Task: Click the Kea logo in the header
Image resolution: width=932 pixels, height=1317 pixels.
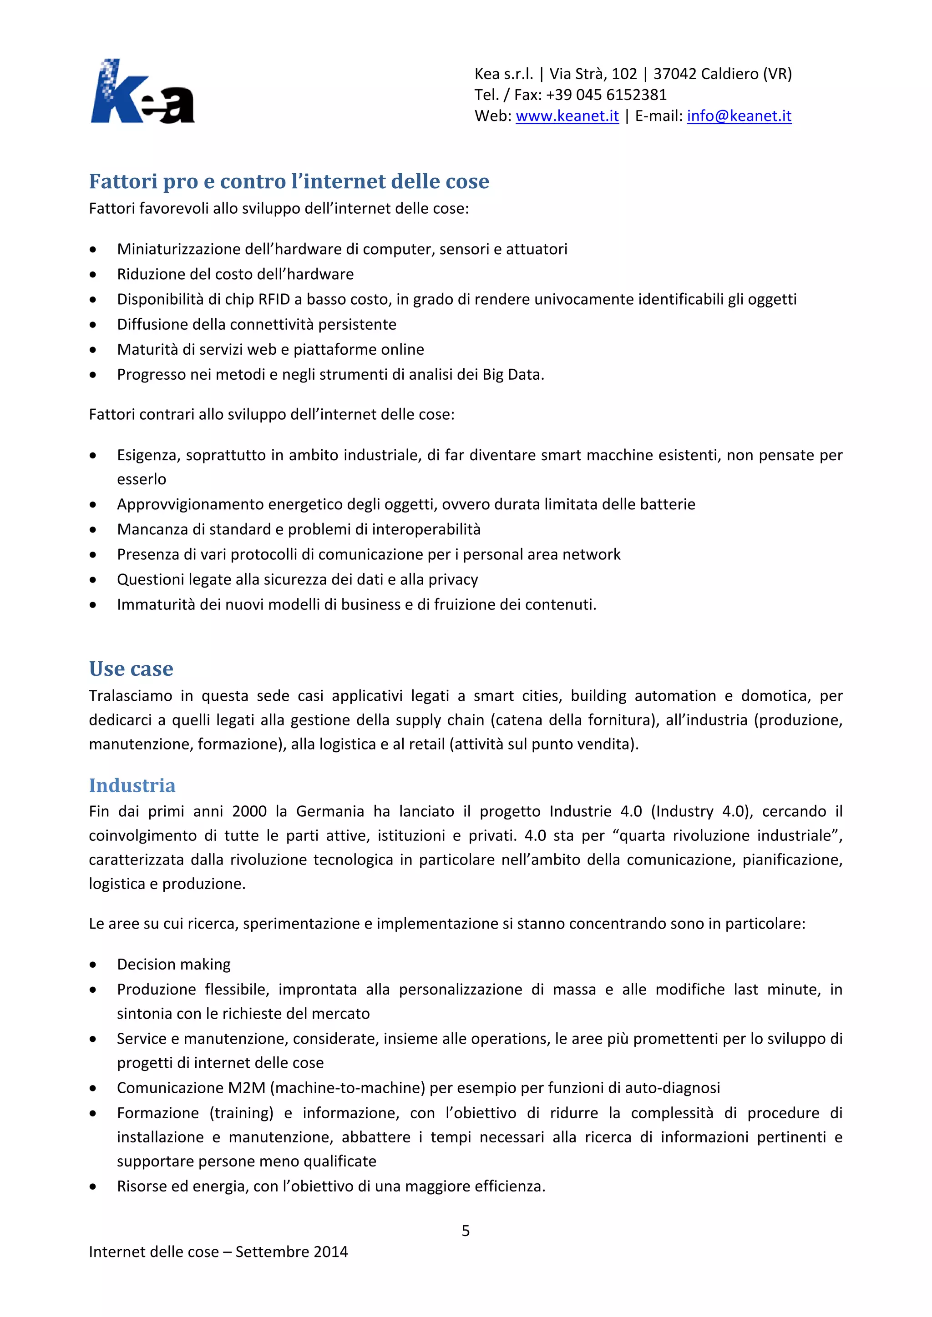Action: pos(142,92)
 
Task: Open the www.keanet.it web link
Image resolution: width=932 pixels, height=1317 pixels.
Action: pos(567,116)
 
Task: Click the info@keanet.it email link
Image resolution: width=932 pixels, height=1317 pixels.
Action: pos(739,116)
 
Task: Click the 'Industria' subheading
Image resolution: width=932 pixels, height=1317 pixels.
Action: pos(132,785)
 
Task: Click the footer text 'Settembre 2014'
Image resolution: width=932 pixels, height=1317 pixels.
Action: pos(292,1252)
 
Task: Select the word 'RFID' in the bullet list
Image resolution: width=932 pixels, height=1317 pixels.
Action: pos(274,299)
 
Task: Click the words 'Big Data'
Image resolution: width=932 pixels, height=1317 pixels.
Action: pos(512,375)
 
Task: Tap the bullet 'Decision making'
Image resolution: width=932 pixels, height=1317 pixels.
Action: pos(173,964)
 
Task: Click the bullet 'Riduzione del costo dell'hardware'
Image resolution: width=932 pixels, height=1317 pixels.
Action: pos(235,274)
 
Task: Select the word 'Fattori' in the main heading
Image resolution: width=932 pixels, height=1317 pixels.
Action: pos(123,181)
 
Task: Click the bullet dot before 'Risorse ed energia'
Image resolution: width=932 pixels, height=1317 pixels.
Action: pos(93,1186)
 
